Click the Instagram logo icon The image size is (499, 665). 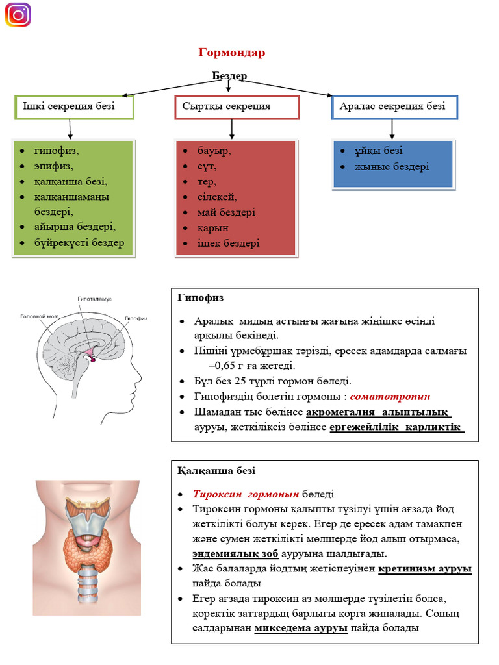pos(18,15)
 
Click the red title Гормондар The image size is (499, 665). pos(231,53)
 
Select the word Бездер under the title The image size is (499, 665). pos(229,76)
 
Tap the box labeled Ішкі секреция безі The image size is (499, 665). pos(74,107)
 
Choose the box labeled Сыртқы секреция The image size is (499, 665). pos(237,107)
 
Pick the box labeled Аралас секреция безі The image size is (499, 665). pos(394,107)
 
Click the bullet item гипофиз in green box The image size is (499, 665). pos(57,151)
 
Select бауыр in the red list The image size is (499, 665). pos(214,151)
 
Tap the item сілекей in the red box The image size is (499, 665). pos(217,197)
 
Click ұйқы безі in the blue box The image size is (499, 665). pos(378,151)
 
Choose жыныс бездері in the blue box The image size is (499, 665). pos(391,167)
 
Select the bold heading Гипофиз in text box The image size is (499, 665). pos(200,297)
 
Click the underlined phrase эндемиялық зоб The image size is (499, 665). pos(235,554)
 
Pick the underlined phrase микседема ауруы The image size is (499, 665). pos(301,628)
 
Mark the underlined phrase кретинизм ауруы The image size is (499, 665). pos(424,569)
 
